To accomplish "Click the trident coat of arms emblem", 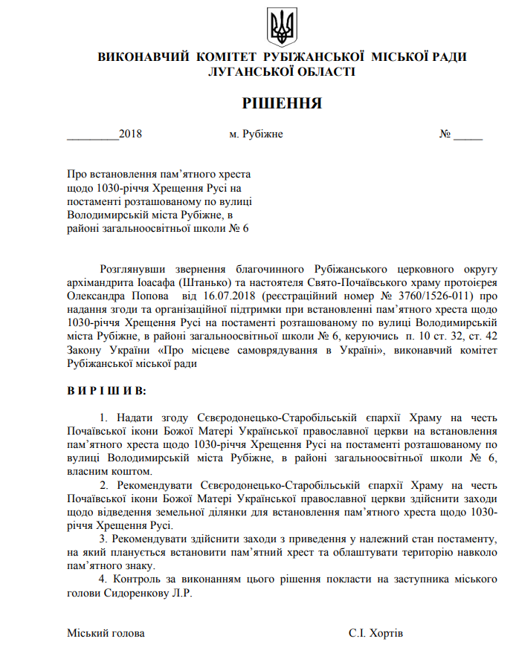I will coord(281,27).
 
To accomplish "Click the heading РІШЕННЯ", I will coord(282,103).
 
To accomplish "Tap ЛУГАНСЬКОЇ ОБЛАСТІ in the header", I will coord(282,71).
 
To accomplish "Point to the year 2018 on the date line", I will coord(130,134).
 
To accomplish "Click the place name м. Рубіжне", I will coord(256,134).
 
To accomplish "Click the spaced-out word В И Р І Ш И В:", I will coord(106,390).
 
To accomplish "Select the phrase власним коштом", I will coord(109,471).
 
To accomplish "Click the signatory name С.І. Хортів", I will coord(375,633).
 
